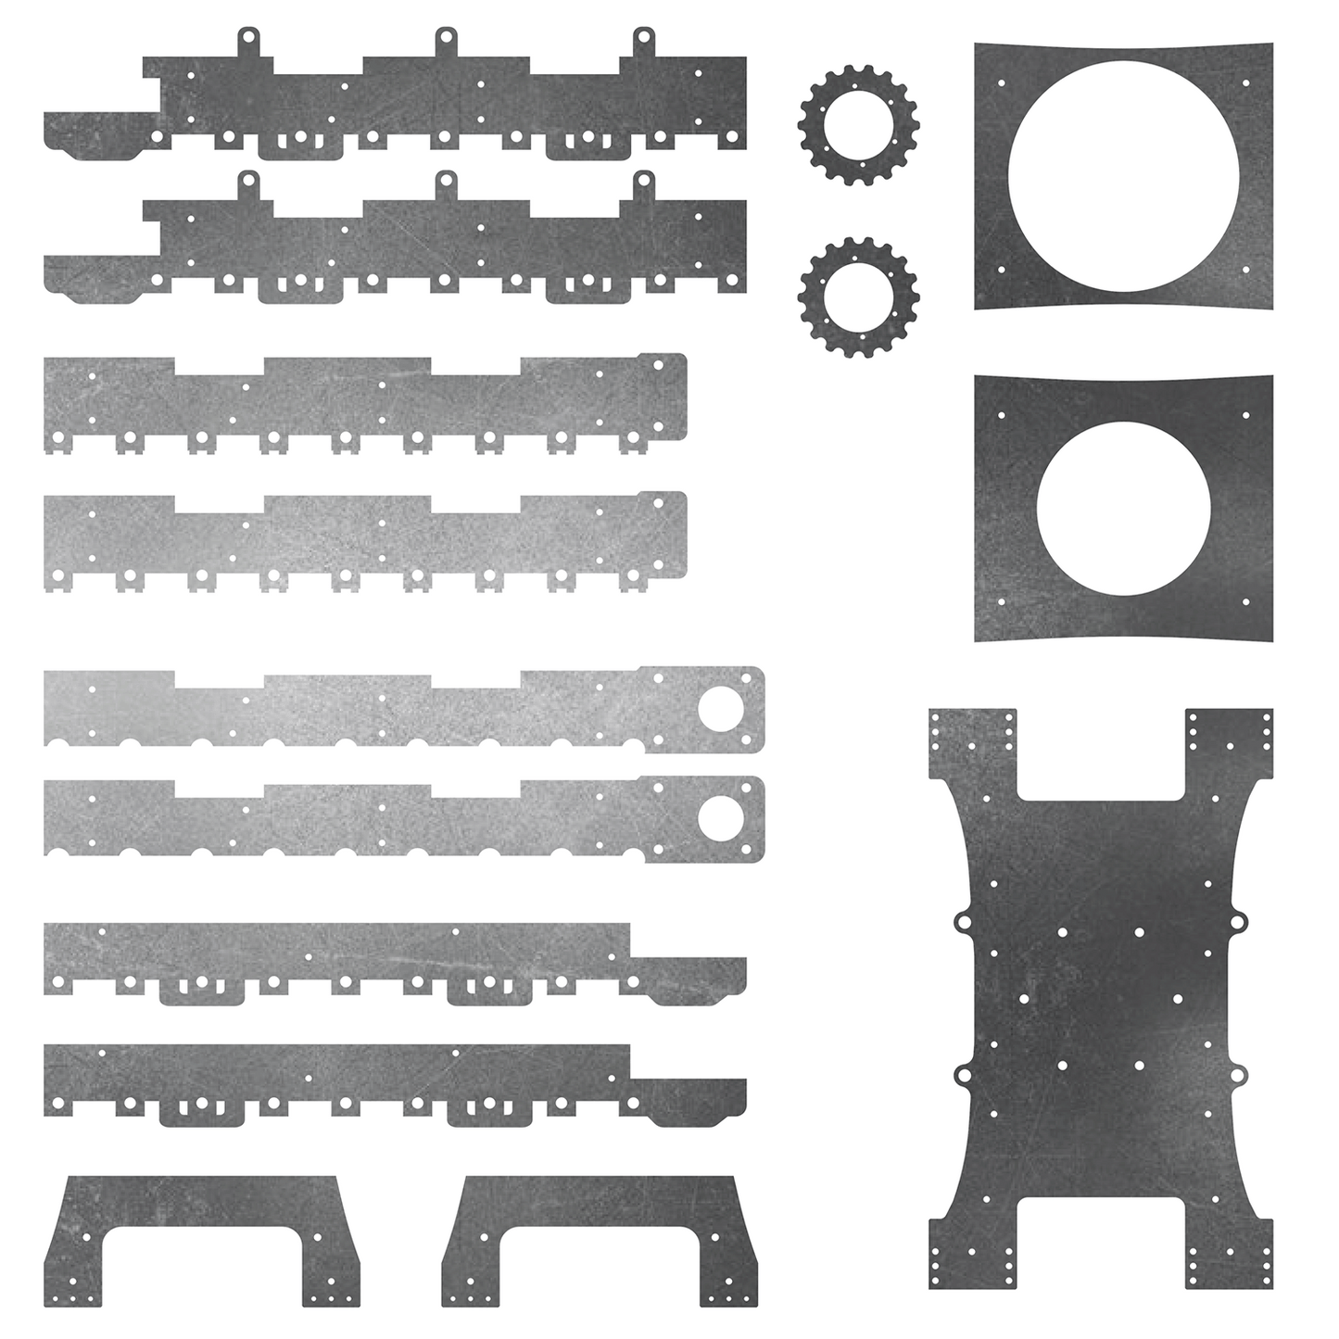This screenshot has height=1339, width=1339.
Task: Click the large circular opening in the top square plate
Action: (x=1122, y=176)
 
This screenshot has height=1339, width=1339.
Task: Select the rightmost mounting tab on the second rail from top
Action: (x=643, y=183)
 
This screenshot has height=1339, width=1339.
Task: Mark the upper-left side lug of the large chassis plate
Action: (x=962, y=922)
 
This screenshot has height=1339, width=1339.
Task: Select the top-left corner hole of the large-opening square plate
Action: (x=1001, y=82)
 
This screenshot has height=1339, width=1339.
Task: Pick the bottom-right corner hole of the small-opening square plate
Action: (x=1245, y=601)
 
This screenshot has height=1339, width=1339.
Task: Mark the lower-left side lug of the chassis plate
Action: (x=962, y=1075)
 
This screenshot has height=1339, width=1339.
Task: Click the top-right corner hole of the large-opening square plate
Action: (x=1245, y=82)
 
